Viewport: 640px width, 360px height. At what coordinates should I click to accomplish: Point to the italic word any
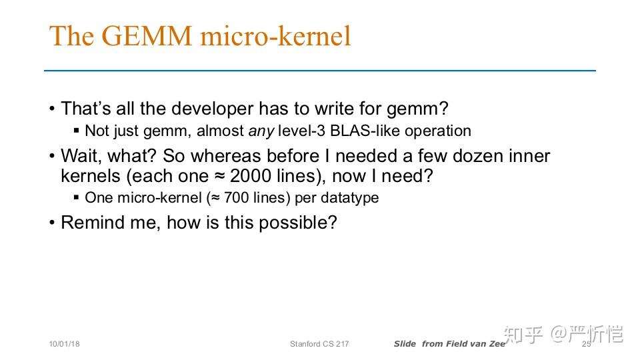point(261,132)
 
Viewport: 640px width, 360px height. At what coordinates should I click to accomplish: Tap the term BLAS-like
point(365,131)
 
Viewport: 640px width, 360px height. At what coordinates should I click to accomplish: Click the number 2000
point(251,176)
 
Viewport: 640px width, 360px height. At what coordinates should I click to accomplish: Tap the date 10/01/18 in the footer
point(65,344)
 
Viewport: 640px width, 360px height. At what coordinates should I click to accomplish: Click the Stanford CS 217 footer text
point(319,344)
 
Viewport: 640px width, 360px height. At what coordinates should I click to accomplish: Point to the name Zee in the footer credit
point(497,344)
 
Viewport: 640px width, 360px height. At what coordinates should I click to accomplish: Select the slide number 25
point(587,344)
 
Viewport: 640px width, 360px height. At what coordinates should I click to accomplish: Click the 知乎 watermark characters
point(524,334)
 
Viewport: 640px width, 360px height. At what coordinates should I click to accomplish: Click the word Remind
point(93,223)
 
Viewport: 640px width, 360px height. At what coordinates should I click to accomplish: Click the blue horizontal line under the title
point(320,71)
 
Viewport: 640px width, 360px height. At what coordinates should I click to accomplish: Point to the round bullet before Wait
point(52,156)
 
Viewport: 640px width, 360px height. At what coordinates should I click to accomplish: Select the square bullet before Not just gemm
point(76,131)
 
